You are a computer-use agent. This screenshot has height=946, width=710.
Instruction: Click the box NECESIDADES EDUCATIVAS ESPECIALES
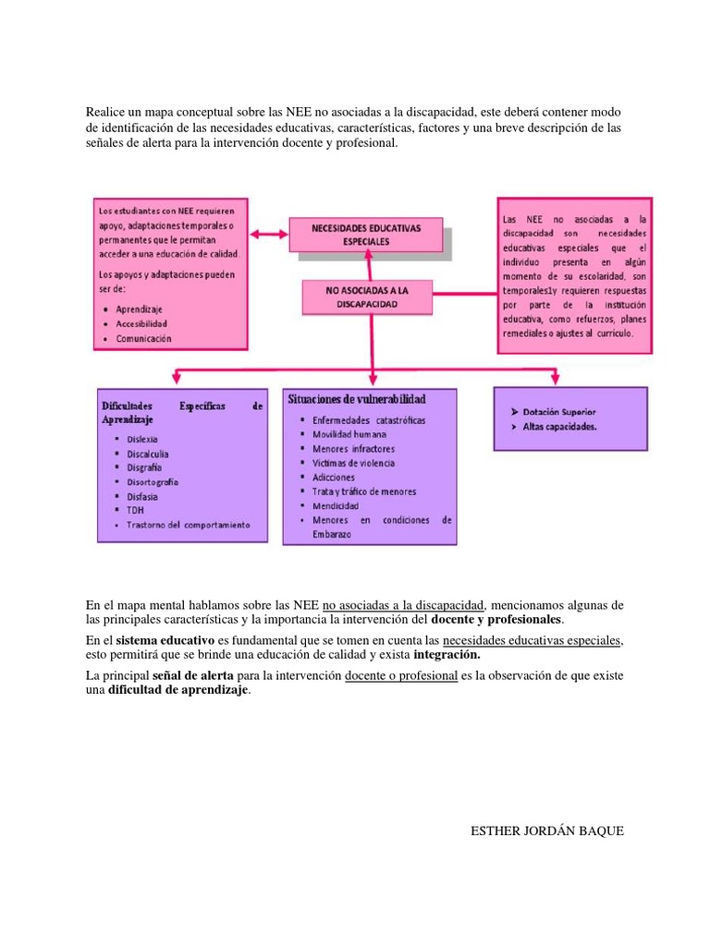pos(366,234)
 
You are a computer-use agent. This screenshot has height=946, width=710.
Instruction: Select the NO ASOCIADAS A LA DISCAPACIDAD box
pos(366,297)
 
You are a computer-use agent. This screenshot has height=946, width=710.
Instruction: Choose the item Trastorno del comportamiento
pos(189,525)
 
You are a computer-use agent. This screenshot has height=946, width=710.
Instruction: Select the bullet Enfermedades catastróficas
pos(369,420)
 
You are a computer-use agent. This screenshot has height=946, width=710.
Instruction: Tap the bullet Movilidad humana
pos(349,434)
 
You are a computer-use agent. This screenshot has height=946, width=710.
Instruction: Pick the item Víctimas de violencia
pos(354,463)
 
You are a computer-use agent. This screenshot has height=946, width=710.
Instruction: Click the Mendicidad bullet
pos(336,505)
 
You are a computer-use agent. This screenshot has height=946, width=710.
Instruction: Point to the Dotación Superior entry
pos(559,411)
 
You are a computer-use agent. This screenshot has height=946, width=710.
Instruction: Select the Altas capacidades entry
pos(559,427)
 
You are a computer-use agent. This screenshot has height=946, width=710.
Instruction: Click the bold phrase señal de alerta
pos(192,675)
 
